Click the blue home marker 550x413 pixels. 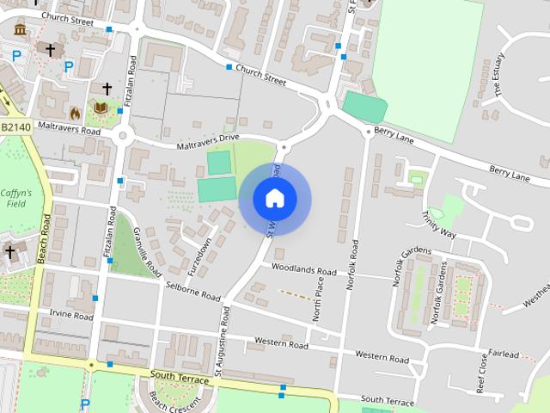(274, 199)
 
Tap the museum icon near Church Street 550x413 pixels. (20, 31)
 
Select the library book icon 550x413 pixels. (101, 108)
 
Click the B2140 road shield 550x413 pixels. (15, 126)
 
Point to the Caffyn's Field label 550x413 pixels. (15, 199)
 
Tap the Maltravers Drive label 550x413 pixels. (208, 141)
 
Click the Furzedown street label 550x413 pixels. (203, 257)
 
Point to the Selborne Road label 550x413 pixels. (194, 293)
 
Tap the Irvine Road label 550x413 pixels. (70, 316)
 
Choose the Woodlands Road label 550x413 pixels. (303, 269)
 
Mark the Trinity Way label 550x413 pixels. (438, 223)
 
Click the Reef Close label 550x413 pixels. (482, 377)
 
